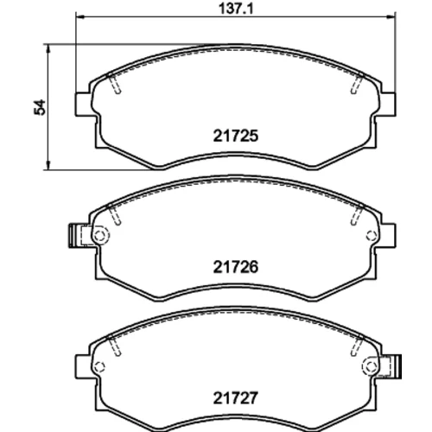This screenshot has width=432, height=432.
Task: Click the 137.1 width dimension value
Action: (x=236, y=9)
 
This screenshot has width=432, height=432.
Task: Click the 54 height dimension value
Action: (x=40, y=107)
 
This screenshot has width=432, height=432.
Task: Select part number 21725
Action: (x=236, y=136)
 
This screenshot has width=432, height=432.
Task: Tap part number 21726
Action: (x=236, y=267)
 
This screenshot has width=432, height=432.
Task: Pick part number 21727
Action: (x=235, y=398)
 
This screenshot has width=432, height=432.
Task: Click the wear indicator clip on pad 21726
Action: (x=75, y=236)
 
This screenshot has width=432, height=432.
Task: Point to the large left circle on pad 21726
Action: (x=100, y=236)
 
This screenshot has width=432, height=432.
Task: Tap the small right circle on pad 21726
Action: (x=372, y=236)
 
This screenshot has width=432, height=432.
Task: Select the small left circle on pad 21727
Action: (x=99, y=366)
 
